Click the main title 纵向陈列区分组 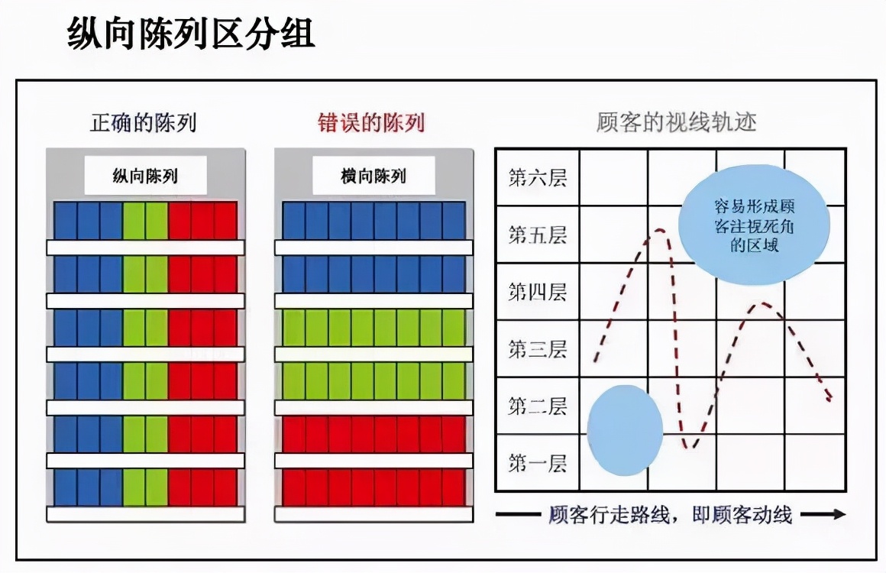tap(190, 33)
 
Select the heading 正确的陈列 tap(144, 123)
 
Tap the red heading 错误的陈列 tap(370, 123)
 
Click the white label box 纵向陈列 tap(145, 176)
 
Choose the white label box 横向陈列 tap(373, 176)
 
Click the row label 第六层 tap(538, 177)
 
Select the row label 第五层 tap(538, 235)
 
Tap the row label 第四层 tap(538, 292)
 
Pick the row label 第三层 tap(538, 348)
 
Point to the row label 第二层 tap(538, 406)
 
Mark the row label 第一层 tap(538, 463)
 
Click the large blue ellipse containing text tap(754, 225)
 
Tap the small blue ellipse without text tap(625, 430)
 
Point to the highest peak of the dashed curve tap(659, 230)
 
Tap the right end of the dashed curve tap(830, 399)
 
